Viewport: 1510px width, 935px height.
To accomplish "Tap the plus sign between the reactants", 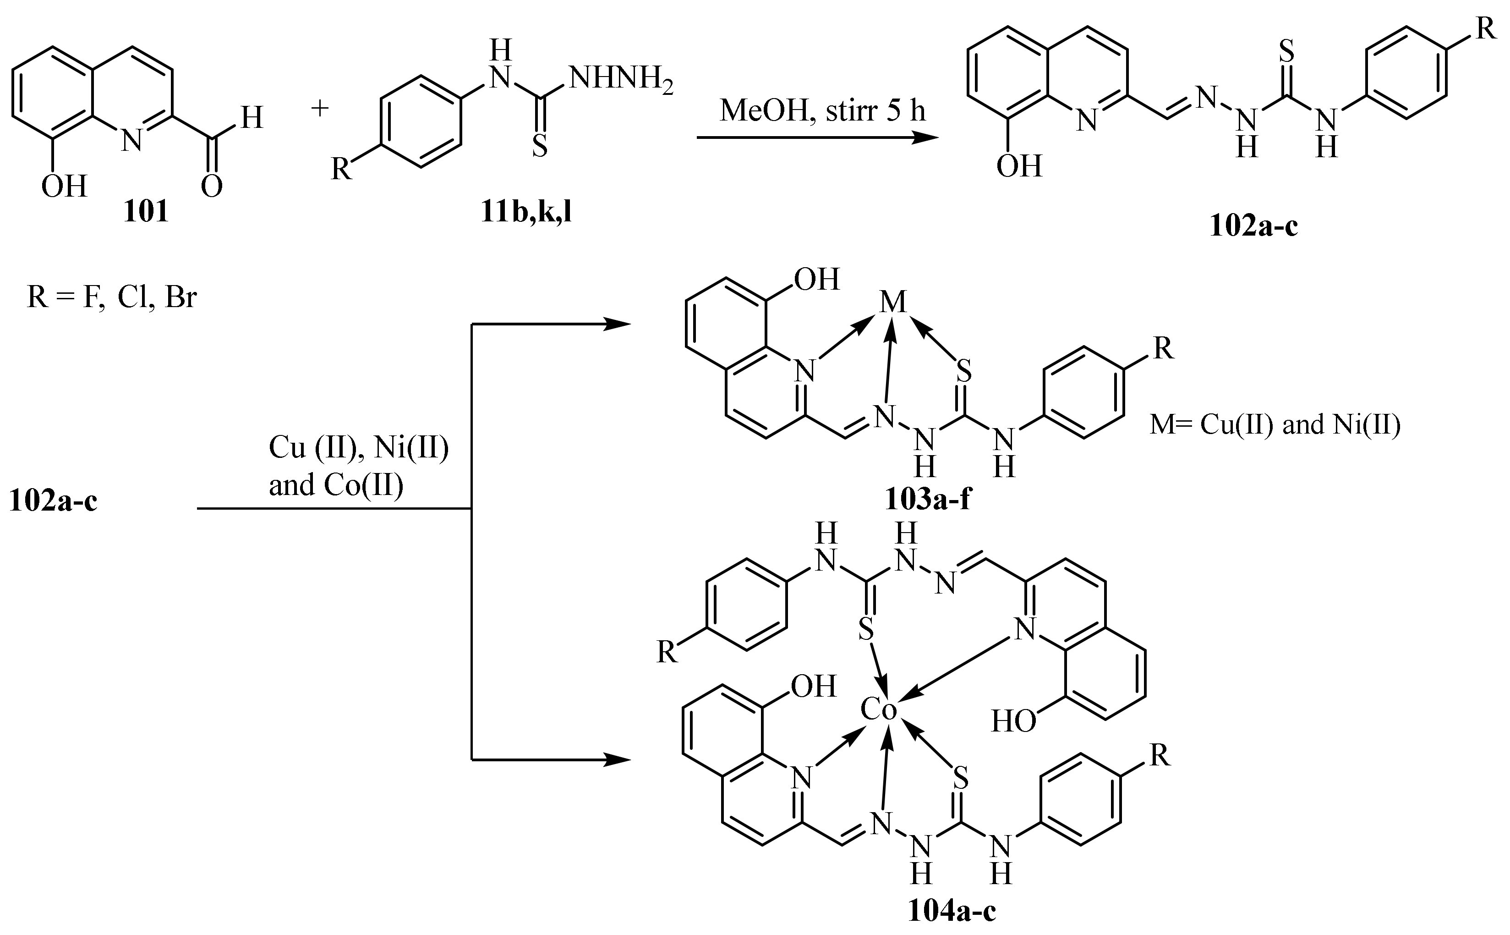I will (x=320, y=109).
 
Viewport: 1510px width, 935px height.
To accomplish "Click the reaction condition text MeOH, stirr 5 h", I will (x=823, y=111).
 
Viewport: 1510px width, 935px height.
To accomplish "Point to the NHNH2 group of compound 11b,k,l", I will (x=620, y=80).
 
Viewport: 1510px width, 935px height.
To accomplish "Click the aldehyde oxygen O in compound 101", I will (x=211, y=186).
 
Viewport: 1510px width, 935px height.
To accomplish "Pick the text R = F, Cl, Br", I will (x=112, y=297).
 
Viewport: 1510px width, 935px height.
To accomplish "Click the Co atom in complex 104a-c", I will (x=878, y=710).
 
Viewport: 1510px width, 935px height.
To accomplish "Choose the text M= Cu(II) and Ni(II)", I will (x=1275, y=425).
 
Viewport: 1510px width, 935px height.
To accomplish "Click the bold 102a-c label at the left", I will (x=53, y=500).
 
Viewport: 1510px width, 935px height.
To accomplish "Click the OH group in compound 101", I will (x=64, y=186).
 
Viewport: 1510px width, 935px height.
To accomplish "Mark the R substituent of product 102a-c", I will (x=1486, y=29).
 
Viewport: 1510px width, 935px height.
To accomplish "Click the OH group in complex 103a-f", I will (x=816, y=280).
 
